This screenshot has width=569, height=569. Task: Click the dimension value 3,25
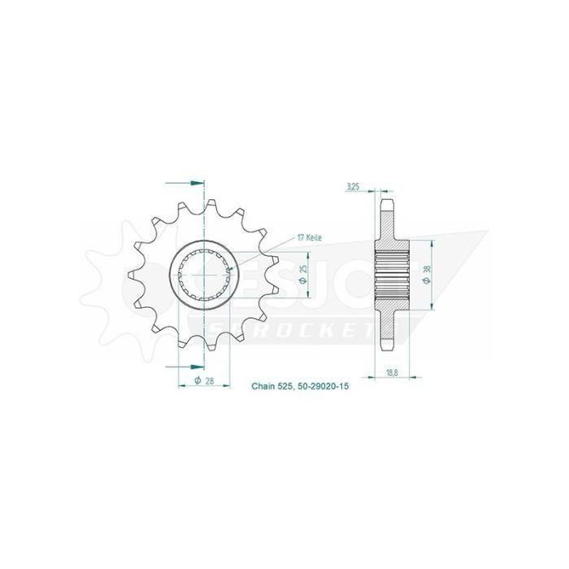[353, 186]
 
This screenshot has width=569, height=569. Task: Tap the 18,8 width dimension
[391, 372]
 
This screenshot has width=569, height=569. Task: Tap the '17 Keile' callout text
[310, 237]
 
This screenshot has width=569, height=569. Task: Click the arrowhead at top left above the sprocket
[195, 183]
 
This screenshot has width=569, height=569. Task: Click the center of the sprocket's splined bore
[203, 275]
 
